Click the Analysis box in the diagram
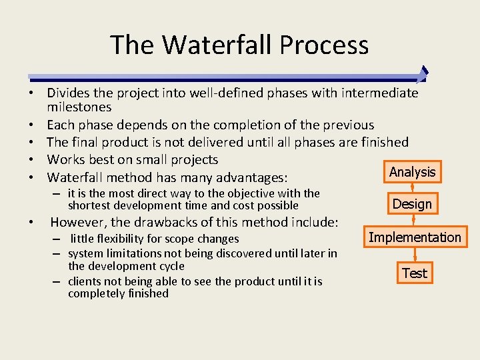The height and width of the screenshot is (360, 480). tap(412, 172)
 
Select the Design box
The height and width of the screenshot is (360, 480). tap(412, 204)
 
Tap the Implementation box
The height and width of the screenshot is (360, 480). tap(415, 237)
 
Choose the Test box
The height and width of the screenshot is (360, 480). tap(414, 273)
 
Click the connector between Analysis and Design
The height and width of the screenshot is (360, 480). tap(412, 187)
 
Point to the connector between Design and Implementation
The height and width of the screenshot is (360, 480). tap(413, 220)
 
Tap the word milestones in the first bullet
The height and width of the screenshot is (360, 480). tap(79, 107)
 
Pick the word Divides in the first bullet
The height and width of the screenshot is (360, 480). tap(69, 93)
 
